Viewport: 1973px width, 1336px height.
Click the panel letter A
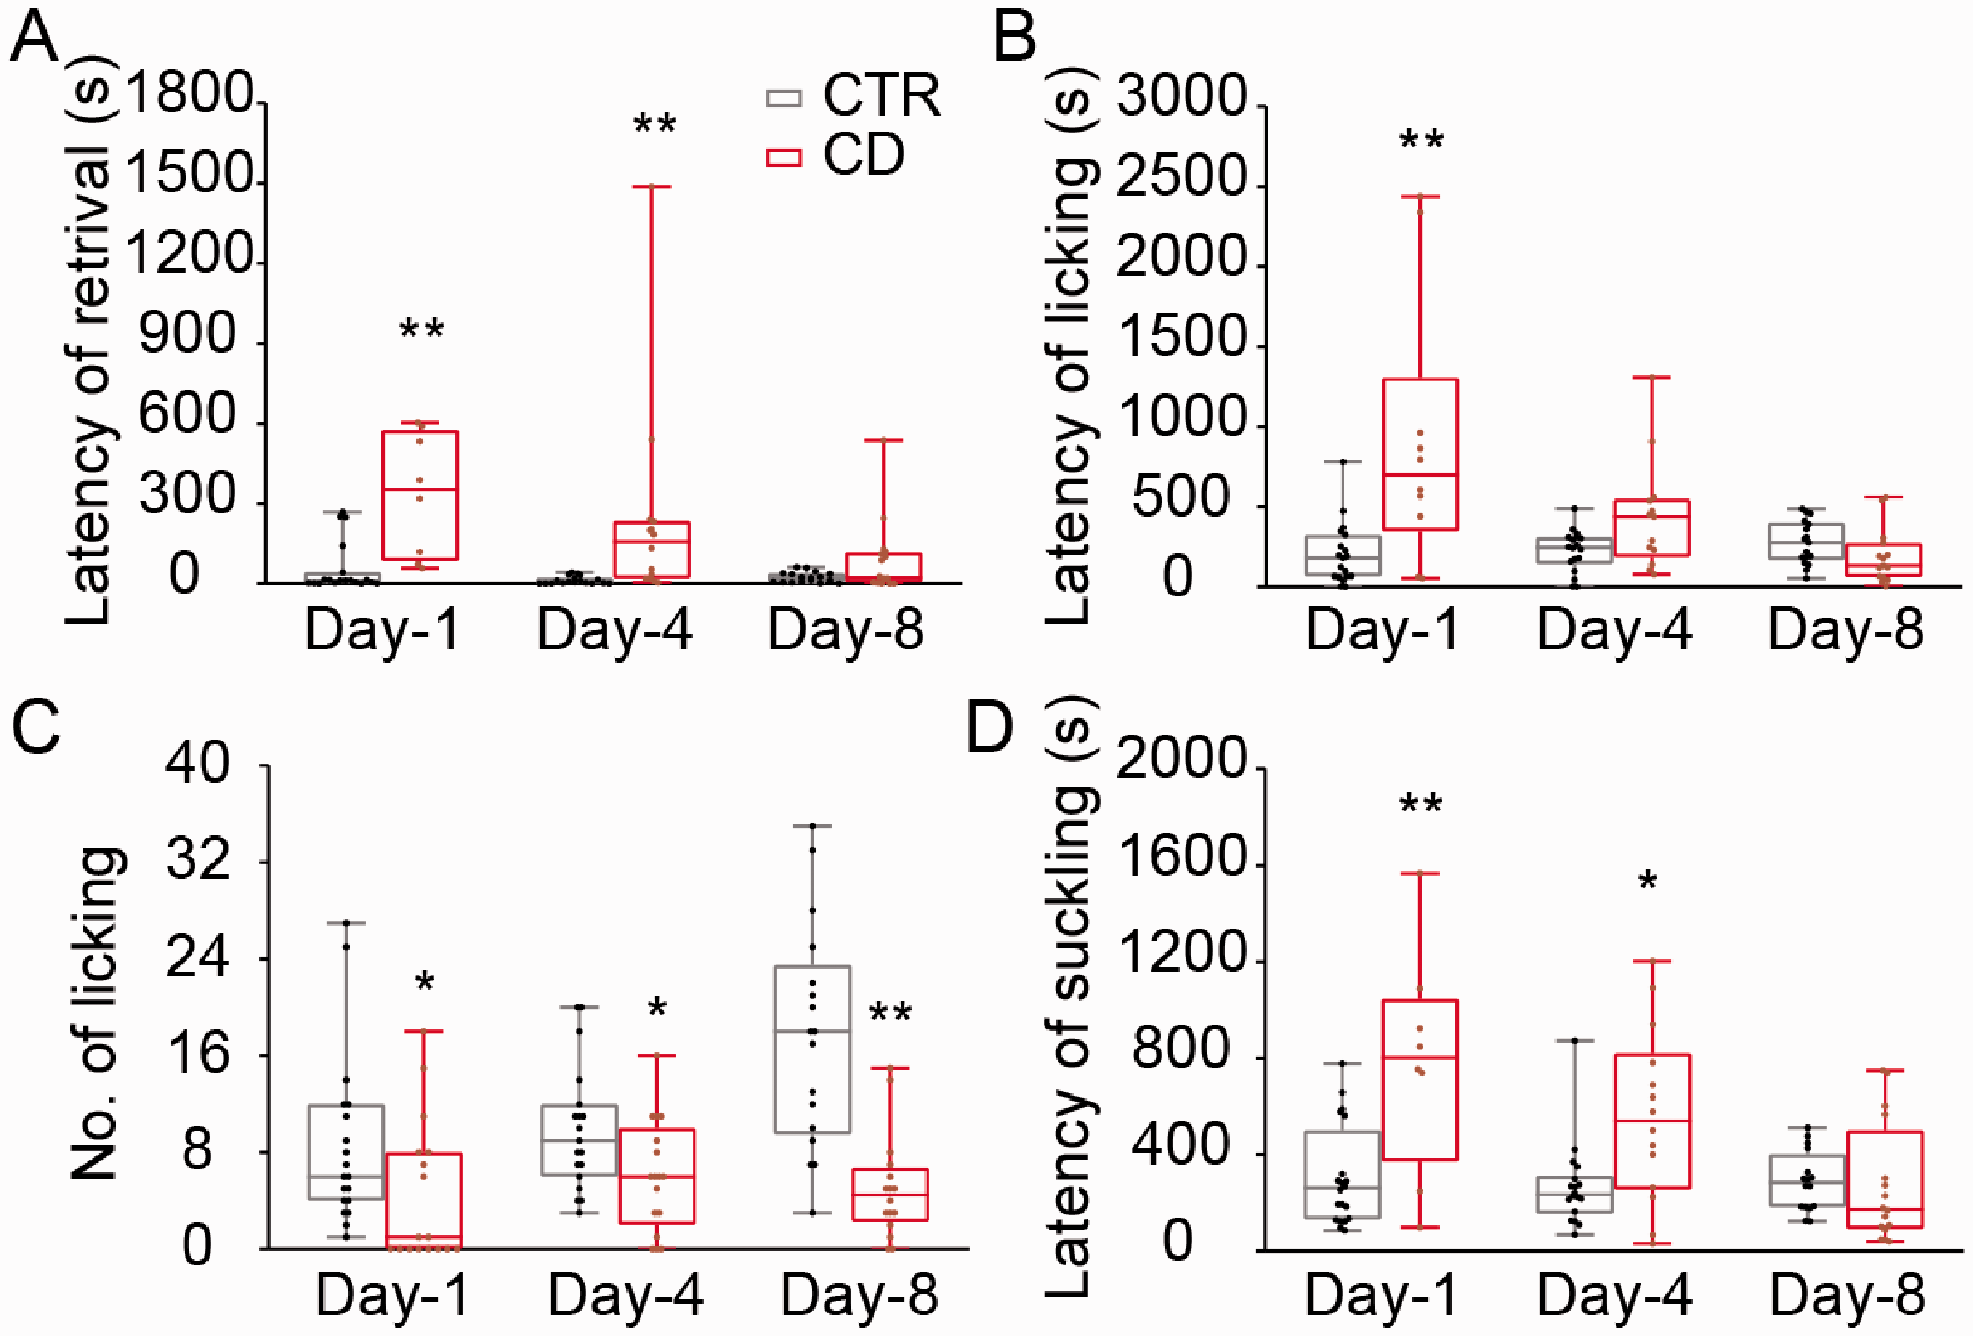[34, 38]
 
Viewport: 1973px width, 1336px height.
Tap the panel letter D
[991, 728]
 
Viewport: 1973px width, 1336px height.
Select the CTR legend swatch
[784, 98]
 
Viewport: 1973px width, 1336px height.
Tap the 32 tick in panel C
[198, 862]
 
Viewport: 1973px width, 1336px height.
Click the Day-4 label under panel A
[614, 631]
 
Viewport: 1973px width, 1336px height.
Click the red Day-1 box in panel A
[419, 495]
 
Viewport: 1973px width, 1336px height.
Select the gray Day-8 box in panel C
[812, 1049]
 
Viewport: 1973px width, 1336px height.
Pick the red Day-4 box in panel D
[1653, 1121]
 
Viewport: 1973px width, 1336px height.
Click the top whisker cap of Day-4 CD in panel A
[652, 185]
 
